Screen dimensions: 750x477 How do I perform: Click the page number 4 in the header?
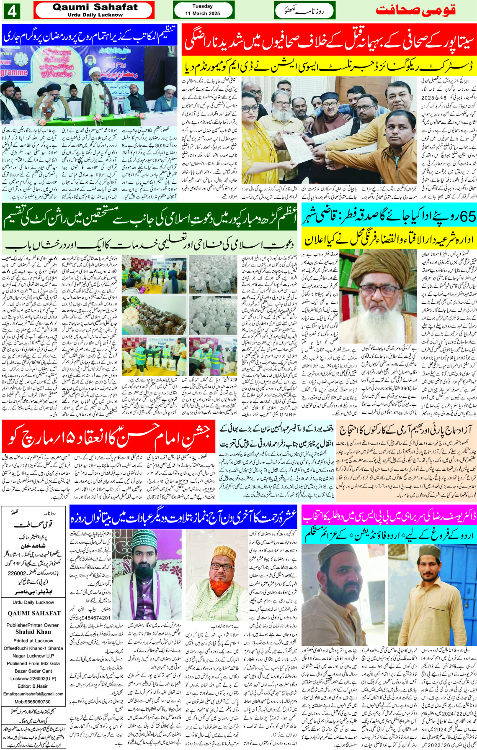(11, 11)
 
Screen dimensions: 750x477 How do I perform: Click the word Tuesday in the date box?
(203, 6)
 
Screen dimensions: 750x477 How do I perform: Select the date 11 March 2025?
(203, 13)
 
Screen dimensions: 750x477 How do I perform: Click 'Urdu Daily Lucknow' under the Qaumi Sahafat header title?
(95, 15)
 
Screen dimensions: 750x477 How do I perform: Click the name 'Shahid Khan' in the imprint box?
(33, 632)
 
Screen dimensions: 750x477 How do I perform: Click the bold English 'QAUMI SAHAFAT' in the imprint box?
(34, 613)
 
